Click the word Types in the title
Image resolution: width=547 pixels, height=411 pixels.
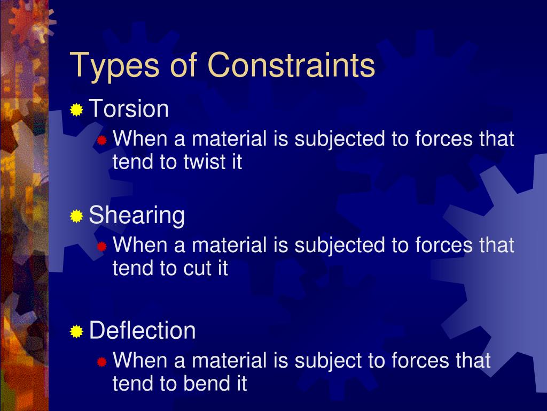tap(114, 66)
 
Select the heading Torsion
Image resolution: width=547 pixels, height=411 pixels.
tap(129, 109)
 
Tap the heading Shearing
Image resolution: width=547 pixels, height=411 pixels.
tap(137, 216)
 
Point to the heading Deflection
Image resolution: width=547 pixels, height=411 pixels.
tap(142, 330)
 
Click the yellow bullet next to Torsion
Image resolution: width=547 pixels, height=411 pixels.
tap(77, 110)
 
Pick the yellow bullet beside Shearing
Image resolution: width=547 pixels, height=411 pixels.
tap(77, 216)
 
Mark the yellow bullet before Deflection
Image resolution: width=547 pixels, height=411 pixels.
tap(77, 331)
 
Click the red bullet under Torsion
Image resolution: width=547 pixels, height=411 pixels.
tap(102, 141)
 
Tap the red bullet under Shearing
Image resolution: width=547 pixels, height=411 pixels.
tap(102, 247)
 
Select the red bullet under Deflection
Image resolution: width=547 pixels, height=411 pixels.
tap(102, 362)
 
